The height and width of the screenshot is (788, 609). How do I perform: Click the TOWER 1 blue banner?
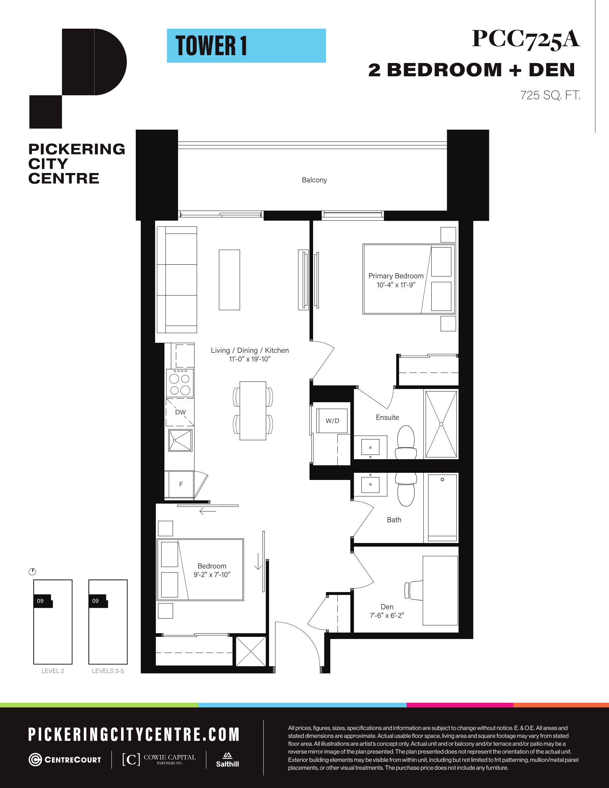tap(246, 46)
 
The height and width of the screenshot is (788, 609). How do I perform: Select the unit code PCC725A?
tap(526, 39)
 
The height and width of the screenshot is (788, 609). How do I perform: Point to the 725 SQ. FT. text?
tap(550, 96)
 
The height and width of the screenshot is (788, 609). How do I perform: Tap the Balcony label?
tap(314, 180)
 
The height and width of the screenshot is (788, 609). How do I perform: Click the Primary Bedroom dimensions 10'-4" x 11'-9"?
tap(396, 285)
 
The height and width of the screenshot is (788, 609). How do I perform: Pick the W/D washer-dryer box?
tap(332, 421)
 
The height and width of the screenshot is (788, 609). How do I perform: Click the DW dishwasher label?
tap(181, 412)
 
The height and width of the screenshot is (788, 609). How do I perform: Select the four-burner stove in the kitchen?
tap(180, 383)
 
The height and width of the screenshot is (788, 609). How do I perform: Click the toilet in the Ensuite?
tap(406, 442)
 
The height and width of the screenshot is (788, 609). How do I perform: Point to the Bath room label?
tap(394, 520)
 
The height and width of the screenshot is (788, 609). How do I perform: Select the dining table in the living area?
tap(253, 410)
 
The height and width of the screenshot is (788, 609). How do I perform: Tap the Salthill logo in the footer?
tap(227, 759)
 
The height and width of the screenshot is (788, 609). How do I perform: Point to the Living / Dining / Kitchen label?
tap(250, 350)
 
